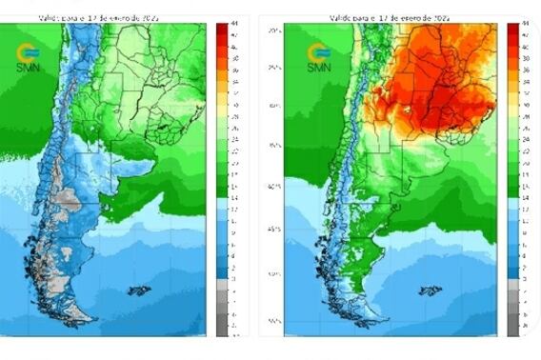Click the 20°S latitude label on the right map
(272, 30)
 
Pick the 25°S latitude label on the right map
(272, 68)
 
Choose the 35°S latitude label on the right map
(272, 146)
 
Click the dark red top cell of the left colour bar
(222, 28)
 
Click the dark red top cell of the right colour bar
(511, 28)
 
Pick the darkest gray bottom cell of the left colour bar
(222, 329)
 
